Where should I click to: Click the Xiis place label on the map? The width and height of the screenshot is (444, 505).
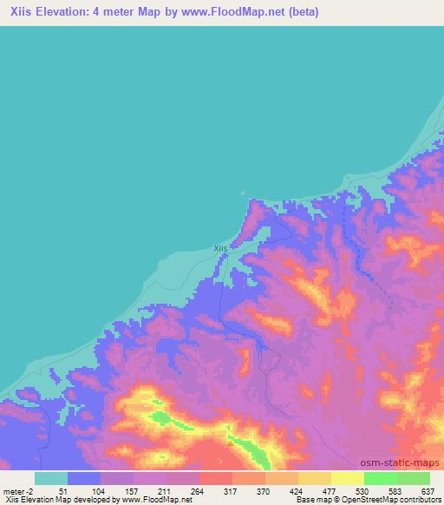(x=220, y=247)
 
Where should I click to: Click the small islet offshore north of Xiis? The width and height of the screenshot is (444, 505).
(x=242, y=194)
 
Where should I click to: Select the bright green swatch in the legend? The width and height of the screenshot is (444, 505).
(x=380, y=478)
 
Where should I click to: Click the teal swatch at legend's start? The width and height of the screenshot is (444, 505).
(x=51, y=478)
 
